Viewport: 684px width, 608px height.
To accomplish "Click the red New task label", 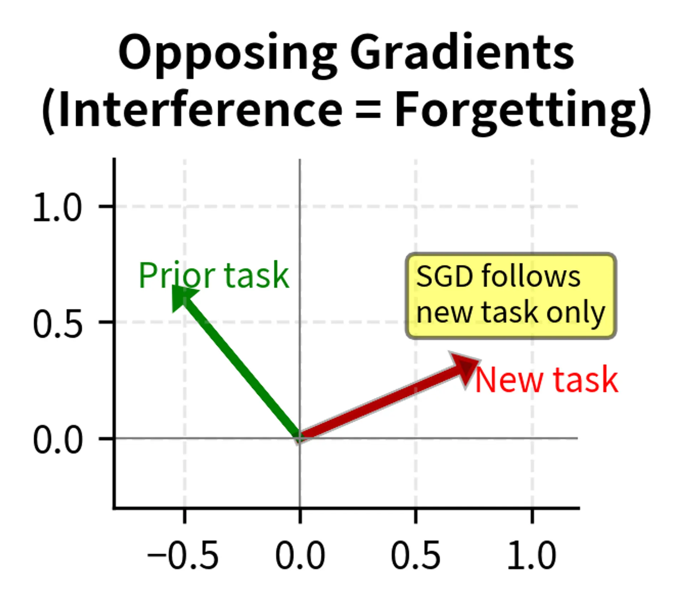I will coord(546,380).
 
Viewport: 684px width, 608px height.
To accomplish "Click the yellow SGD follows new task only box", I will coord(511,296).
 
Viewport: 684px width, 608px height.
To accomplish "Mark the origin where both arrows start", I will coord(300,438).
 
